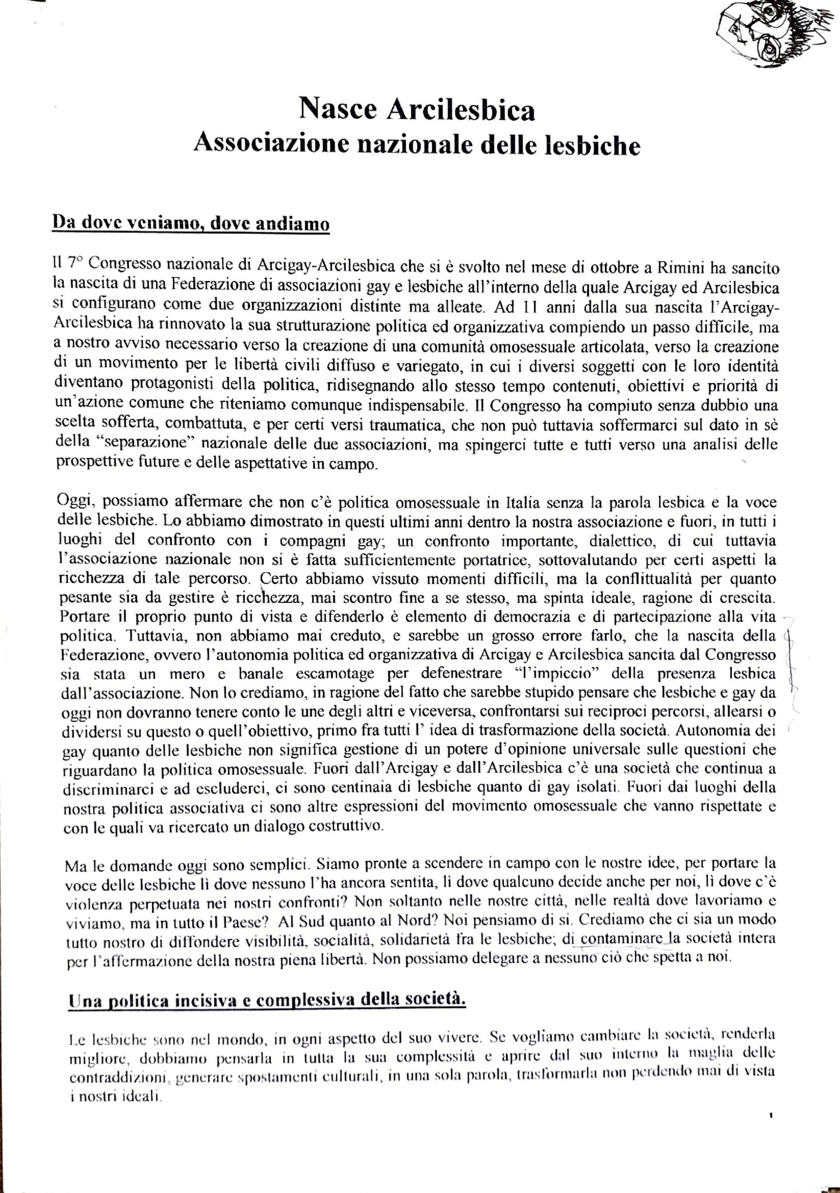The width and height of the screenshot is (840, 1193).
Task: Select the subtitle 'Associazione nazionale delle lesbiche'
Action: pos(416,145)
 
